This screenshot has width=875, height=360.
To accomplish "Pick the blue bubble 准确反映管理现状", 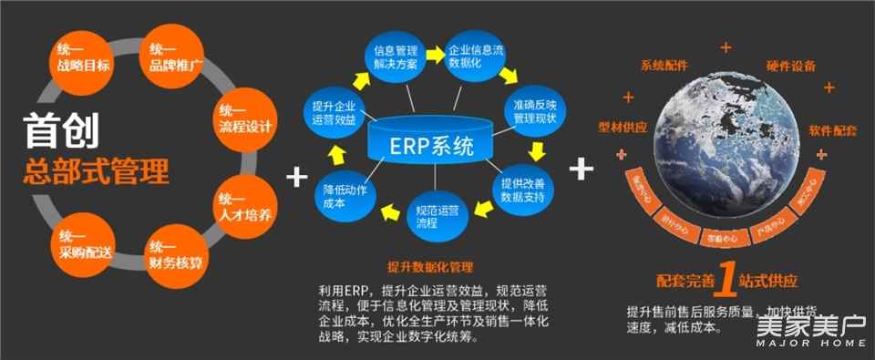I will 534,110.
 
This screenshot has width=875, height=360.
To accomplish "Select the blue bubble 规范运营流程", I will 434,215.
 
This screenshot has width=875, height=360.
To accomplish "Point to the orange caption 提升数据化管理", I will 430,266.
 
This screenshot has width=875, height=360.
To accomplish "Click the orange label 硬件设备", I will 790,66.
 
